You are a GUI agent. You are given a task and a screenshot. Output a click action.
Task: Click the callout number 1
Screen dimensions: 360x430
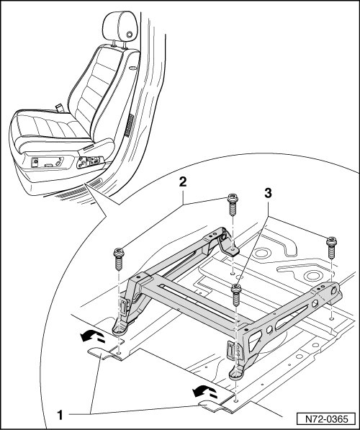(x=60, y=415)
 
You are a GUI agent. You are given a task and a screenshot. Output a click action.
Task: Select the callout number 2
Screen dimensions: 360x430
(x=183, y=182)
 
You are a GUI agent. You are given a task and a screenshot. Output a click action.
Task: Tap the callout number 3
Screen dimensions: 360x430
(x=268, y=193)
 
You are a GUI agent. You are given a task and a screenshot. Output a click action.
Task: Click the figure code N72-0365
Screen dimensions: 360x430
(x=327, y=419)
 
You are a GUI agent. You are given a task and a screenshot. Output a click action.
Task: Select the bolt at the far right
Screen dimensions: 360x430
(x=331, y=247)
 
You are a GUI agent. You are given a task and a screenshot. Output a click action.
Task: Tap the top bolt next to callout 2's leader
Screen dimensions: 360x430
(x=233, y=205)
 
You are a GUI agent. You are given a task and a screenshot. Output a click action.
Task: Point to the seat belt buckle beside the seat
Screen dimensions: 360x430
(x=59, y=107)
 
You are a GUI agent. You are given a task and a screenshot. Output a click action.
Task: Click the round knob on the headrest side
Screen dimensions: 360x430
(x=129, y=35)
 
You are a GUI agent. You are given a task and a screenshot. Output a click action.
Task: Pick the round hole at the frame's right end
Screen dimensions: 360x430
(x=334, y=291)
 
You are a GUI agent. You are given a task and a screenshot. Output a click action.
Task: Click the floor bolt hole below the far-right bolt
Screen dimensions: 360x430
(x=331, y=318)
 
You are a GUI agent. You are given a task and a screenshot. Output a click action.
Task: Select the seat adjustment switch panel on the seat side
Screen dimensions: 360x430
(x=90, y=162)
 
